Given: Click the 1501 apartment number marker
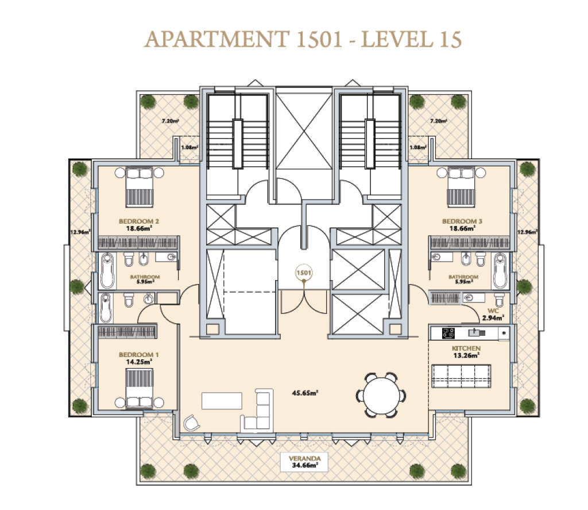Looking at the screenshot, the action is (x=304, y=273).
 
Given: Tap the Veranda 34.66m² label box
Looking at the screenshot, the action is (x=304, y=462).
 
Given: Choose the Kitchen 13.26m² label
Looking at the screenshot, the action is (x=466, y=352).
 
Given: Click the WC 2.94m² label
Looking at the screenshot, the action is (x=493, y=315).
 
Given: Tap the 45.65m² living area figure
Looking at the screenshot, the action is (x=305, y=393).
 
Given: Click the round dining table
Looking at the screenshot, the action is (x=381, y=395).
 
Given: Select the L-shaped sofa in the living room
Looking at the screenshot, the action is (x=257, y=411).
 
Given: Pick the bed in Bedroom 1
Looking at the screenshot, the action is (x=140, y=388).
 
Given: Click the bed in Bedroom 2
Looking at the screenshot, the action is (x=140, y=187).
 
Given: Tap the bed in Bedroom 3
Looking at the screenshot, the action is (x=461, y=187).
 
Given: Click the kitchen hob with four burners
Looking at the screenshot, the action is (x=448, y=333).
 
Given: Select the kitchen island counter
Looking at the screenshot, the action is (x=461, y=375).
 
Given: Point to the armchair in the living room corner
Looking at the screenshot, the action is (x=192, y=423).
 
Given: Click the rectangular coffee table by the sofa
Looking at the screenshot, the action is (x=222, y=401).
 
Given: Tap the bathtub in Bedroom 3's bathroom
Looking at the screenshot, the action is (x=500, y=270).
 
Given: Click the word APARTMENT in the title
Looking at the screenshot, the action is (x=217, y=39).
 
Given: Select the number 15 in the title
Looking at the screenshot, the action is (x=451, y=40).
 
